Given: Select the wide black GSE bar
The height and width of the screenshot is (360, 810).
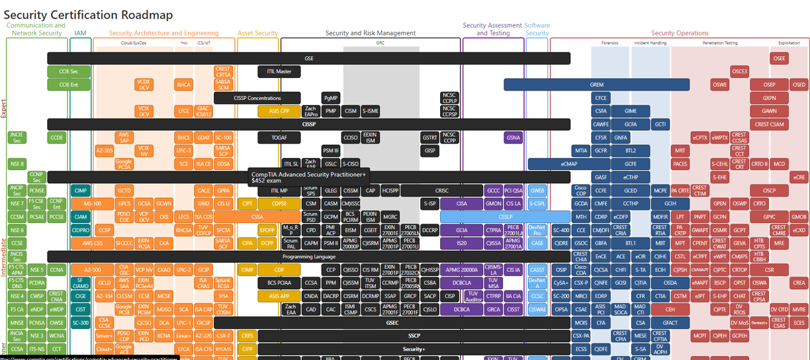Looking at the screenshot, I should tap(308, 58).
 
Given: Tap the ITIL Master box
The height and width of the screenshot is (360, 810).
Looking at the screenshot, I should tap(279, 71).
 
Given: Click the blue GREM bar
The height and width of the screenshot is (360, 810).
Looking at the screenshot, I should tap(596, 85).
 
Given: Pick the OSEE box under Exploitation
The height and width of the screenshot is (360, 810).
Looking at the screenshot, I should tap(779, 58).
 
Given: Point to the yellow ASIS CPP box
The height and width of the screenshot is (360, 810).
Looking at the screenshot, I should tap(279, 111).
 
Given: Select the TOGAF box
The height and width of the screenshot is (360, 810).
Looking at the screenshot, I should tap(279, 138).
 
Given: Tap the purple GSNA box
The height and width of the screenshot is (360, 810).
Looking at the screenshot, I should tap(513, 138).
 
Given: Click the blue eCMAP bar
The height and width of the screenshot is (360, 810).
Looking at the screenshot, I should tap(569, 164).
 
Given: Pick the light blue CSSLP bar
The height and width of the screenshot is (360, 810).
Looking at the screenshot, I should tap(505, 217).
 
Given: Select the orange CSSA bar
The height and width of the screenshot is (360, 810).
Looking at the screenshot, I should tap(257, 217).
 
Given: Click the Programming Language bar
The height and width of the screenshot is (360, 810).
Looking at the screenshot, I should tap(308, 256).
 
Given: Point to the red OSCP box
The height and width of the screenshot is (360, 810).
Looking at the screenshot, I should tap(768, 191).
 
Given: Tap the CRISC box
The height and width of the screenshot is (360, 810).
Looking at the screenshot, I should tap(441, 191).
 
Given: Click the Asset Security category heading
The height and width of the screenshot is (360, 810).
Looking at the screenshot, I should tap(257, 33).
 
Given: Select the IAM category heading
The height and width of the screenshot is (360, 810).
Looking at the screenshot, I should tap(80, 33).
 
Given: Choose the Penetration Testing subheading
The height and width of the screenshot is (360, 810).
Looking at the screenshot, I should tap(719, 43).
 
